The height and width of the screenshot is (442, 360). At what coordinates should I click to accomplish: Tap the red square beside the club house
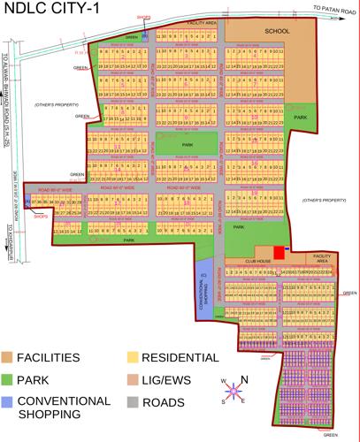[x=280, y=254]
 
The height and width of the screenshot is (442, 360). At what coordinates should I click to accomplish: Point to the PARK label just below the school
[x=300, y=117]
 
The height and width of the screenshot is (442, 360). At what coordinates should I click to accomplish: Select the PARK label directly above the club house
[x=238, y=227]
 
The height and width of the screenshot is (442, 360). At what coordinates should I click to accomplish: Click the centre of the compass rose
[x=231, y=389]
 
